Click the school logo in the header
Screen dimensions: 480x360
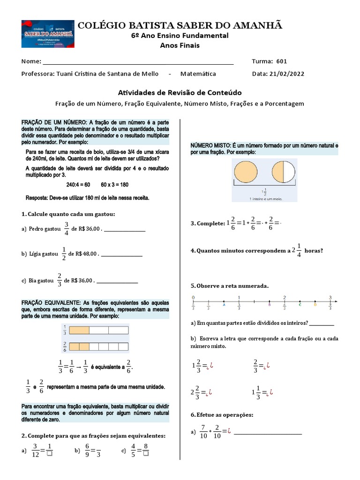[47, 34]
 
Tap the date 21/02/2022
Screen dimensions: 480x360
[286, 74]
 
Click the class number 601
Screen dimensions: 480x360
[282, 61]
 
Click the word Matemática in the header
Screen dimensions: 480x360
[198, 74]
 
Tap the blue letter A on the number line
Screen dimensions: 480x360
[224, 304]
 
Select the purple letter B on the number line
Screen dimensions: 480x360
[269, 304]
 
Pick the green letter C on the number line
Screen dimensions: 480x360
[300, 304]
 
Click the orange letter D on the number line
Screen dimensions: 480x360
[315, 304]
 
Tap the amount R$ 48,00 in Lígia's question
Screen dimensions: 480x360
[84, 254]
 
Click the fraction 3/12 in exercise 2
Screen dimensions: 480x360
[35, 450]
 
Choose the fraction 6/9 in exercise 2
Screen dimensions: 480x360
[87, 450]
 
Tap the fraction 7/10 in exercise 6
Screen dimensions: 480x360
[203, 431]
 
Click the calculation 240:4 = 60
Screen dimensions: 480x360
[78, 185]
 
